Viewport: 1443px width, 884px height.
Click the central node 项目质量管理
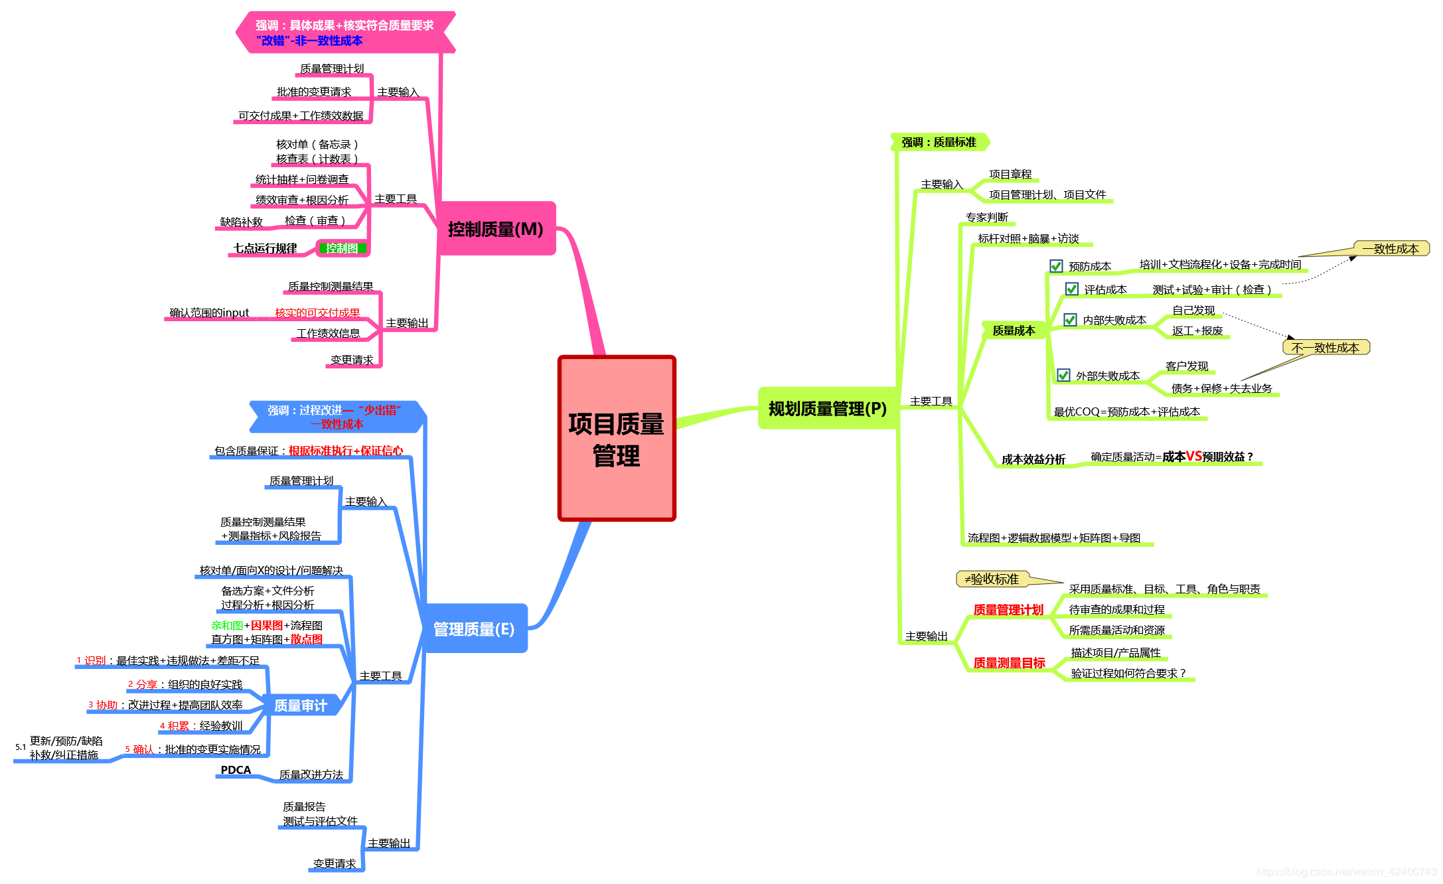616,439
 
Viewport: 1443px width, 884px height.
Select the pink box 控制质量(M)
496,229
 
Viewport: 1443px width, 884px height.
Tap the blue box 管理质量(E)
474,628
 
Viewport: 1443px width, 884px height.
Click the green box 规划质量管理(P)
827,409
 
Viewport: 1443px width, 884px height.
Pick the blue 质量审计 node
301,705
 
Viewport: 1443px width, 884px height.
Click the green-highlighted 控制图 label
342,248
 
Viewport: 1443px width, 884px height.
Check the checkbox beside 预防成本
1056,266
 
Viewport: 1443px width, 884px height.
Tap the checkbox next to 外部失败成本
1063,376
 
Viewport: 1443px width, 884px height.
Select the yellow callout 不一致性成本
1326,348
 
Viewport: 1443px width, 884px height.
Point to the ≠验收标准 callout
992,579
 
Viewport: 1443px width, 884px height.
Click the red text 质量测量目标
1009,662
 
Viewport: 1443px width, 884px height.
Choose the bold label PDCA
236,770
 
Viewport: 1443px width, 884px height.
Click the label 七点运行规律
265,248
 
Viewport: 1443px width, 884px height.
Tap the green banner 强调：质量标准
939,142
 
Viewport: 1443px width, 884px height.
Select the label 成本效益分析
1033,459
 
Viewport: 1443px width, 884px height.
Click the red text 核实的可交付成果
317,313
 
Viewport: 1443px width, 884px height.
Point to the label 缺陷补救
242,222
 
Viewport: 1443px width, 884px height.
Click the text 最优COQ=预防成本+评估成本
1127,411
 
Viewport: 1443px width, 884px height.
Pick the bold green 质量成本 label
1014,331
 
